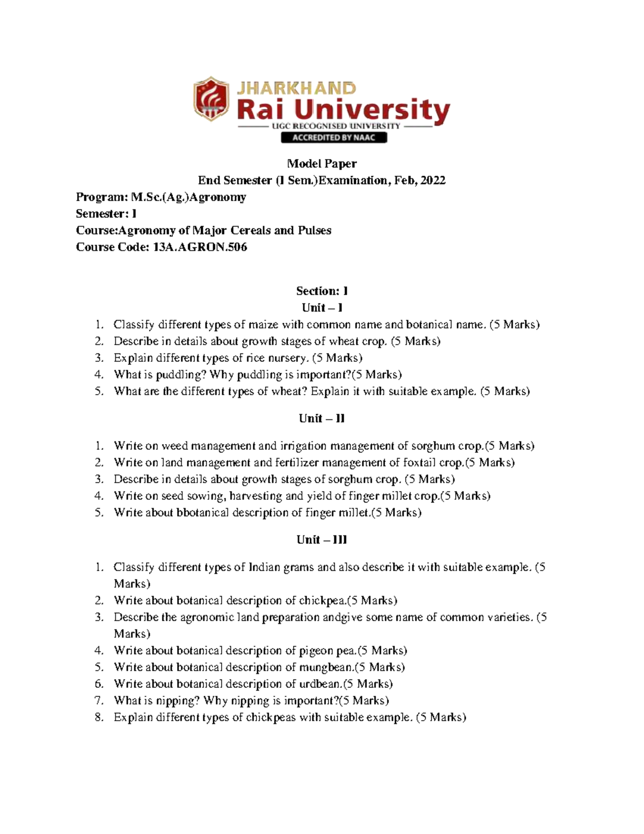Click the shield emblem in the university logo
[211, 99]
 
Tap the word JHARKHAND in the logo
[296, 89]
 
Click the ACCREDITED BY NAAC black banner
[334, 137]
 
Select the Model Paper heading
[322, 164]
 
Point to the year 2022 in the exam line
[433, 180]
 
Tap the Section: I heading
[322, 291]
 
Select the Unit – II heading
[321, 418]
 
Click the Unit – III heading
[321, 540]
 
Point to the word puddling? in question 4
[181, 375]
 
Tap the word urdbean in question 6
[320, 684]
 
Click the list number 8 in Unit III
[98, 717]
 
